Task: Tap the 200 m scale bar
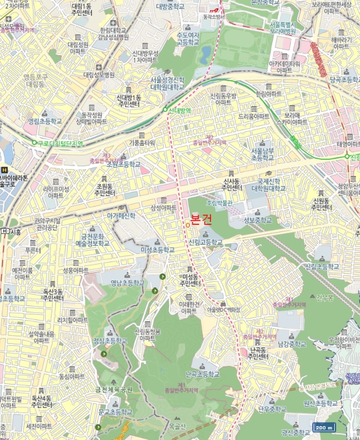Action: pos(323,427)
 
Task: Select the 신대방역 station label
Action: pos(179,111)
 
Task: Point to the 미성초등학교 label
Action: pos(157,250)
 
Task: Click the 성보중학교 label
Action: pos(257,220)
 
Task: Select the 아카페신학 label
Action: pos(121,216)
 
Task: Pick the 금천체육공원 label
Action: pos(114,390)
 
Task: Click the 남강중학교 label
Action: pos(292,344)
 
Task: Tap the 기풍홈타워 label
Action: pos(142,143)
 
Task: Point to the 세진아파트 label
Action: pos(38,426)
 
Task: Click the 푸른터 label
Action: pos(33,250)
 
